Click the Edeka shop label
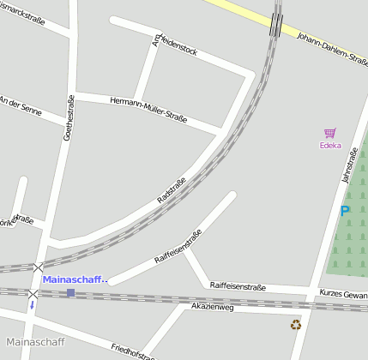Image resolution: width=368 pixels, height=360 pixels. (330, 145)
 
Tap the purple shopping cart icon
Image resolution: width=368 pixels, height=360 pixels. (329, 133)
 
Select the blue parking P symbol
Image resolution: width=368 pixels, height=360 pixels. (345, 211)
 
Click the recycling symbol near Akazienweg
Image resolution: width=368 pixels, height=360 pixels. (296, 324)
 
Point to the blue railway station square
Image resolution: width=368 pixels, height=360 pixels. (70, 293)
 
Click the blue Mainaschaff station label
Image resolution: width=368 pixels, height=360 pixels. (75, 279)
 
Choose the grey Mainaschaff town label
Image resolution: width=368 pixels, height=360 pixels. (35, 343)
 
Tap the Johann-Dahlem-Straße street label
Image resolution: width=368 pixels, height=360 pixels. (330, 46)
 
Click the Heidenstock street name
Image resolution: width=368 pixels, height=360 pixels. (175, 47)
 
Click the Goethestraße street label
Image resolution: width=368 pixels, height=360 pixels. (69, 117)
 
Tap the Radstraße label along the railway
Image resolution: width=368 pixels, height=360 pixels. (171, 189)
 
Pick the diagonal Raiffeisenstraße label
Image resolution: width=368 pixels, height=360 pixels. (178, 246)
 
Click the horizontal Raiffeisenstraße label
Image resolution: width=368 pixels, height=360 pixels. (238, 285)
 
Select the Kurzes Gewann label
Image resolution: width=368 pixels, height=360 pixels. (344, 294)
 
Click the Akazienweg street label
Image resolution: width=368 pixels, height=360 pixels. (212, 306)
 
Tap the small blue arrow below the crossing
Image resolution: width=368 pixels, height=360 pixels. (33, 304)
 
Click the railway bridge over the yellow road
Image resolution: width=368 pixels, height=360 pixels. (275, 24)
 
